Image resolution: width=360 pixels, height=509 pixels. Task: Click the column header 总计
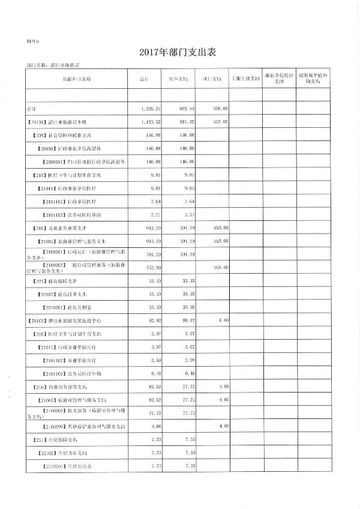pyautogui.click(x=144, y=79)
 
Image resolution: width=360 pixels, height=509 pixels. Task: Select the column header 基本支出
pyautogui.click(x=178, y=79)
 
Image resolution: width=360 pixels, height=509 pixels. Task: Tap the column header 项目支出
pyautogui.click(x=211, y=79)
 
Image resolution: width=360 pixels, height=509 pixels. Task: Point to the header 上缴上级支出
pyautogui.click(x=245, y=79)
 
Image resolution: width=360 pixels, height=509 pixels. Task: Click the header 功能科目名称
pyautogui.click(x=77, y=79)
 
